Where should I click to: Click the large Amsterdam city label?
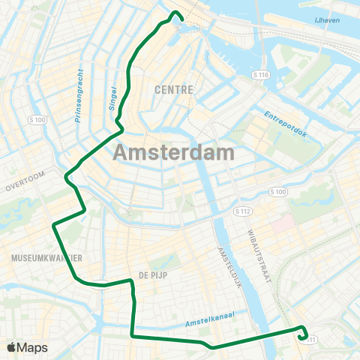[174, 152]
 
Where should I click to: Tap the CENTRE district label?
[174, 89]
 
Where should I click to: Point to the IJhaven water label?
[328, 20]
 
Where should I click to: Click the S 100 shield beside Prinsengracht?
[37, 120]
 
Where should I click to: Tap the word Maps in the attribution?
[34, 347]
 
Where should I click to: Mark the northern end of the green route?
[176, 13]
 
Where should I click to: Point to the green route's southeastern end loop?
[303, 334]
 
